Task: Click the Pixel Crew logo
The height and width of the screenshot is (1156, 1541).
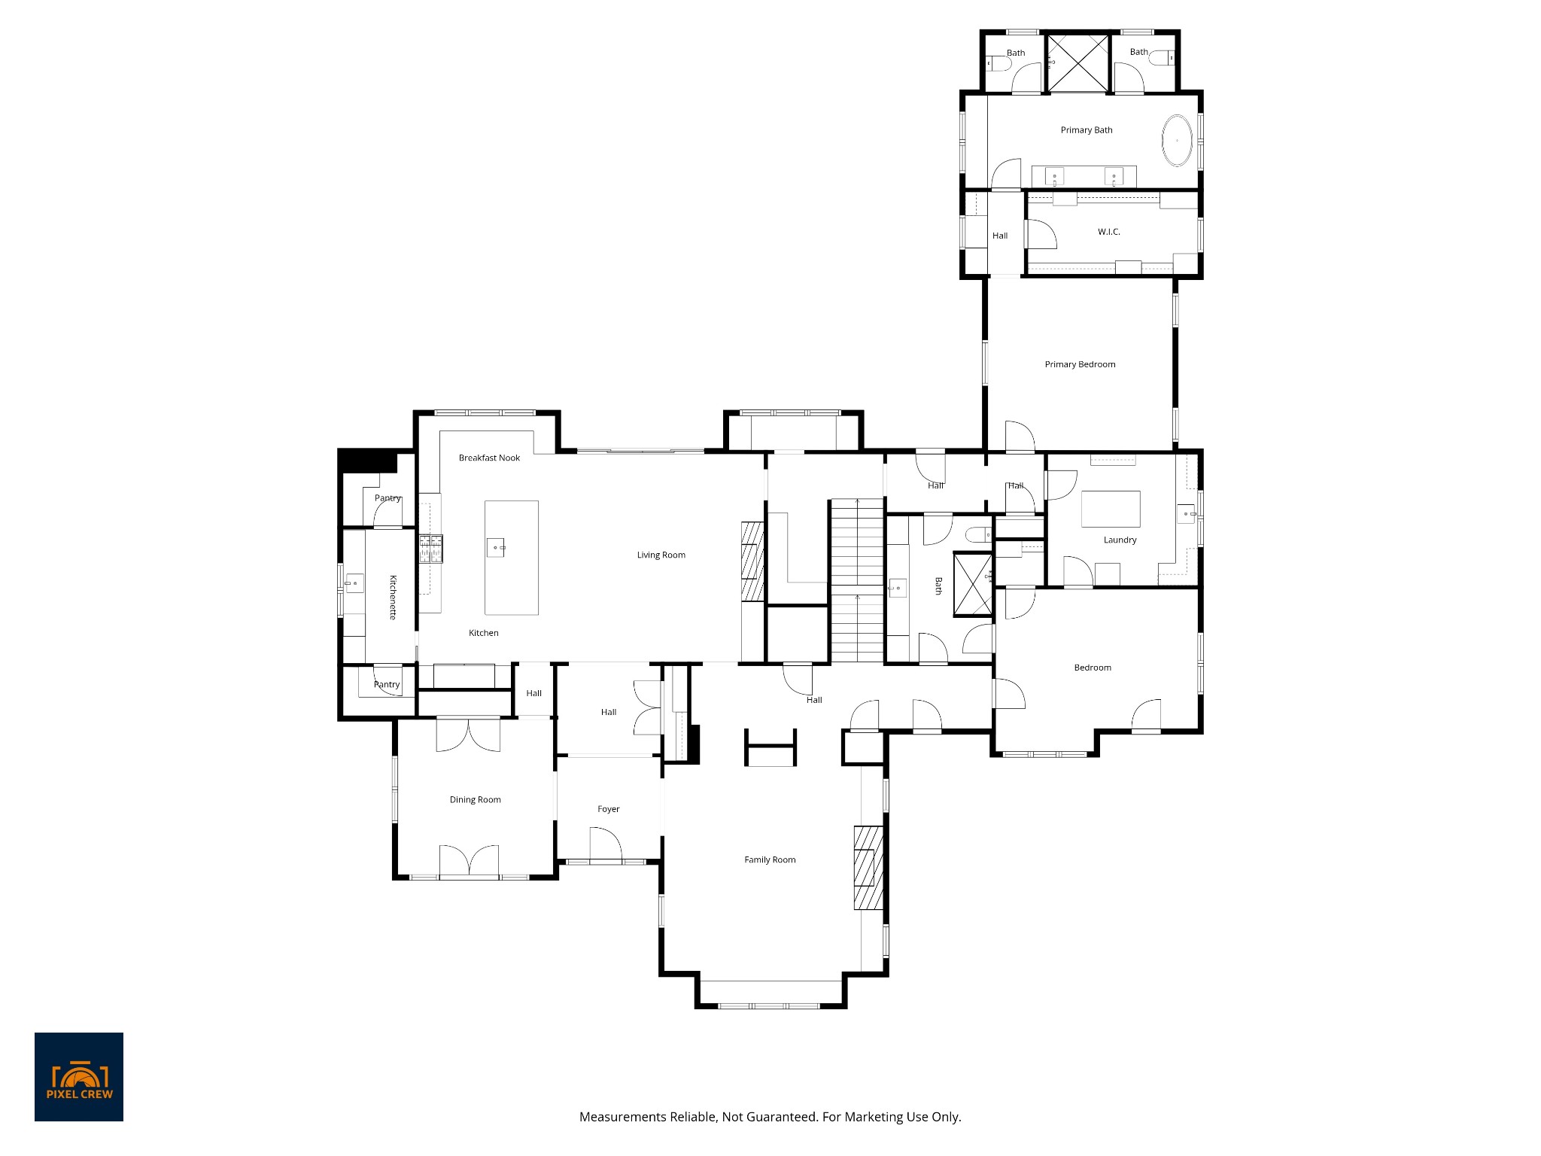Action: tap(79, 1076)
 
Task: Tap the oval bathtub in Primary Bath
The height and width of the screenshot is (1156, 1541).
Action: tap(1177, 141)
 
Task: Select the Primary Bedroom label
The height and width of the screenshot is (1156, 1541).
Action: tap(1080, 364)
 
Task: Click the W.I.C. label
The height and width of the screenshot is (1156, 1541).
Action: tap(1108, 232)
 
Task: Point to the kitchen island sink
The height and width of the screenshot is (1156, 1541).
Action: tap(495, 547)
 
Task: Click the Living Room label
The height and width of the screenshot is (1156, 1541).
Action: tap(661, 555)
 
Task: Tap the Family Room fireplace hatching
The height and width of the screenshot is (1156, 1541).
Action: tap(868, 867)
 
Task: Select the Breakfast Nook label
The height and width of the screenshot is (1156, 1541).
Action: tap(489, 458)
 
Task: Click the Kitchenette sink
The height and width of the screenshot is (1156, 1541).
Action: tap(354, 583)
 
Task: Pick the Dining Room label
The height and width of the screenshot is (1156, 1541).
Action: tap(475, 800)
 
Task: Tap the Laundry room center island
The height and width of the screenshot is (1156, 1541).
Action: tap(1111, 509)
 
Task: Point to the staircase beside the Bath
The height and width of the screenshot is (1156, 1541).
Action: tap(856, 580)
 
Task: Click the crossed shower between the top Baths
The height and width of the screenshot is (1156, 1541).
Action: tap(1079, 62)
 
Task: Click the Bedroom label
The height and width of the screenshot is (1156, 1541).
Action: tap(1092, 668)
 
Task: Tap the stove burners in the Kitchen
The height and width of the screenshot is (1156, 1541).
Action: tap(430, 548)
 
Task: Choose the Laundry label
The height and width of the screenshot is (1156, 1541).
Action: tap(1120, 540)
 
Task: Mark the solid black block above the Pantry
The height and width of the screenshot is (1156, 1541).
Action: tap(366, 459)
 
